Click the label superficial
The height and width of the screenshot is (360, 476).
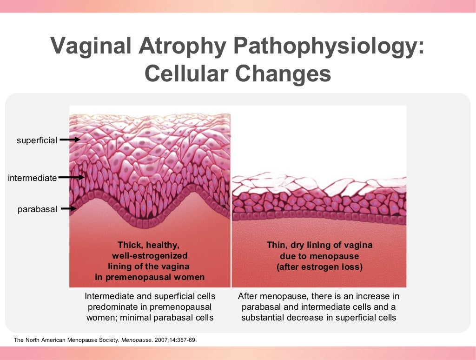point(37,140)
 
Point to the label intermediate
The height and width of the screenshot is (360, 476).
point(32,178)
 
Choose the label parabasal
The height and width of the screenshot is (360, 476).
point(37,209)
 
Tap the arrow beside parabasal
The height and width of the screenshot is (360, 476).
point(68,209)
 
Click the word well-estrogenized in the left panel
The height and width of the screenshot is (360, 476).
point(150,255)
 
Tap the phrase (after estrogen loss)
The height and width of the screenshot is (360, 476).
point(319,267)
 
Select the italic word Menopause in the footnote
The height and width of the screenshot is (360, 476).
point(136,340)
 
